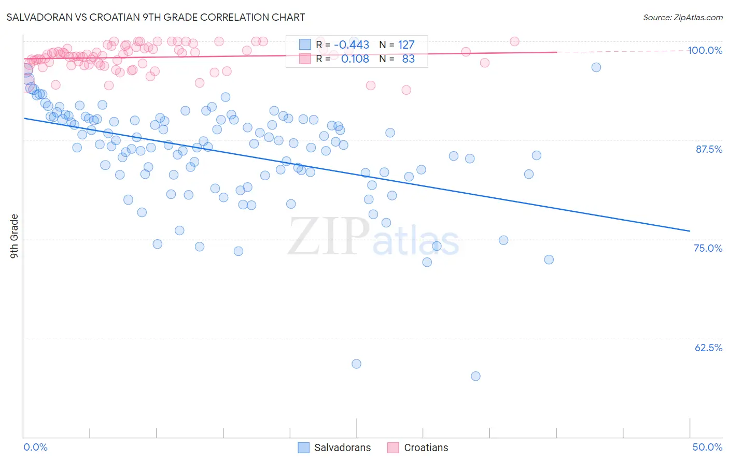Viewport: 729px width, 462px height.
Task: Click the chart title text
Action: pos(156,17)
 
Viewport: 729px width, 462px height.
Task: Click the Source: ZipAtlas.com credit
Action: pos(682,17)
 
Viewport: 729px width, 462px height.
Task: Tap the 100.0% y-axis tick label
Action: pos(705,50)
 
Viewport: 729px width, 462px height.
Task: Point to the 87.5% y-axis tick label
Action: pos(708,149)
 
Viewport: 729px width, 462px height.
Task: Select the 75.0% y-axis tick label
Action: pos(708,248)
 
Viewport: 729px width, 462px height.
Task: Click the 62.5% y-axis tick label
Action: pos(708,348)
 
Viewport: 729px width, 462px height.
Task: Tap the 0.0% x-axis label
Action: pos(36,447)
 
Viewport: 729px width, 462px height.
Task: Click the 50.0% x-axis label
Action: pos(707,447)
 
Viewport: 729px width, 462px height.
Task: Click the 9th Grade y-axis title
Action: pos(15,236)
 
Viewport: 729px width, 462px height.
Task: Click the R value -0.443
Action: pos(352,45)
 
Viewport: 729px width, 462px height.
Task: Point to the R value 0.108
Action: pos(355,59)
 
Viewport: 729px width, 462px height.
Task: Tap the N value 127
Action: pos(406,45)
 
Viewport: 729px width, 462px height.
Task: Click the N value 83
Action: pos(409,59)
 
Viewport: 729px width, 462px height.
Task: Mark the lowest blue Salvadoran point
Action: pos(475,376)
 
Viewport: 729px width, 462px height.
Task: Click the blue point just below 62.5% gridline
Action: pos(356,364)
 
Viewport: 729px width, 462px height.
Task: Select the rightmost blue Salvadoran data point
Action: pos(596,67)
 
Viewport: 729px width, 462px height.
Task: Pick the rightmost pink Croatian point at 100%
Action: pos(514,41)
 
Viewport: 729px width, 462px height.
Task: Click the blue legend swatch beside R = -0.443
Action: pos(305,45)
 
